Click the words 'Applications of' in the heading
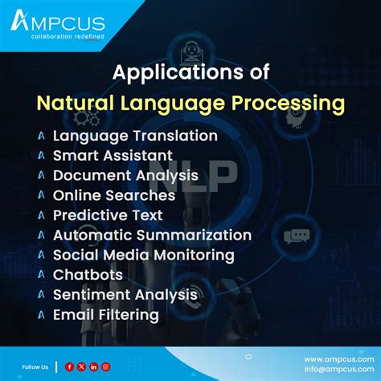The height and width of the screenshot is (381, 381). pyautogui.click(x=190, y=74)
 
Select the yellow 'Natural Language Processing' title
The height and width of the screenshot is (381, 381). pyautogui.click(x=190, y=104)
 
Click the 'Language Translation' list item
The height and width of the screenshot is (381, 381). pyautogui.click(x=135, y=137)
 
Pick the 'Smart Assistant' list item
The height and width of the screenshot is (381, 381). pyautogui.click(x=113, y=155)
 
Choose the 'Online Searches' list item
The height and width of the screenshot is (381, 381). pyautogui.click(x=114, y=195)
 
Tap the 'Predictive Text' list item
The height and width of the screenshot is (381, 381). pyautogui.click(x=108, y=215)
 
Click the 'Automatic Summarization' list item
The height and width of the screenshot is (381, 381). pyautogui.click(x=152, y=235)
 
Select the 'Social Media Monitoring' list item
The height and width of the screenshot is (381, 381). pyautogui.click(x=144, y=255)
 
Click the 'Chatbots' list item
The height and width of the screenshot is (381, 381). pyautogui.click(x=88, y=275)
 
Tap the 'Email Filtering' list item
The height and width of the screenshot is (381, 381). pyautogui.click(x=105, y=315)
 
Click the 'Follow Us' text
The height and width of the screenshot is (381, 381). pyautogui.click(x=37, y=367)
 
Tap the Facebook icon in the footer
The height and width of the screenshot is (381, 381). pyautogui.click(x=70, y=367)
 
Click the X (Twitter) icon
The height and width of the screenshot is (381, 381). pyautogui.click(x=81, y=367)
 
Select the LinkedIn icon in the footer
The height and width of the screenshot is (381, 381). pyautogui.click(x=93, y=367)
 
